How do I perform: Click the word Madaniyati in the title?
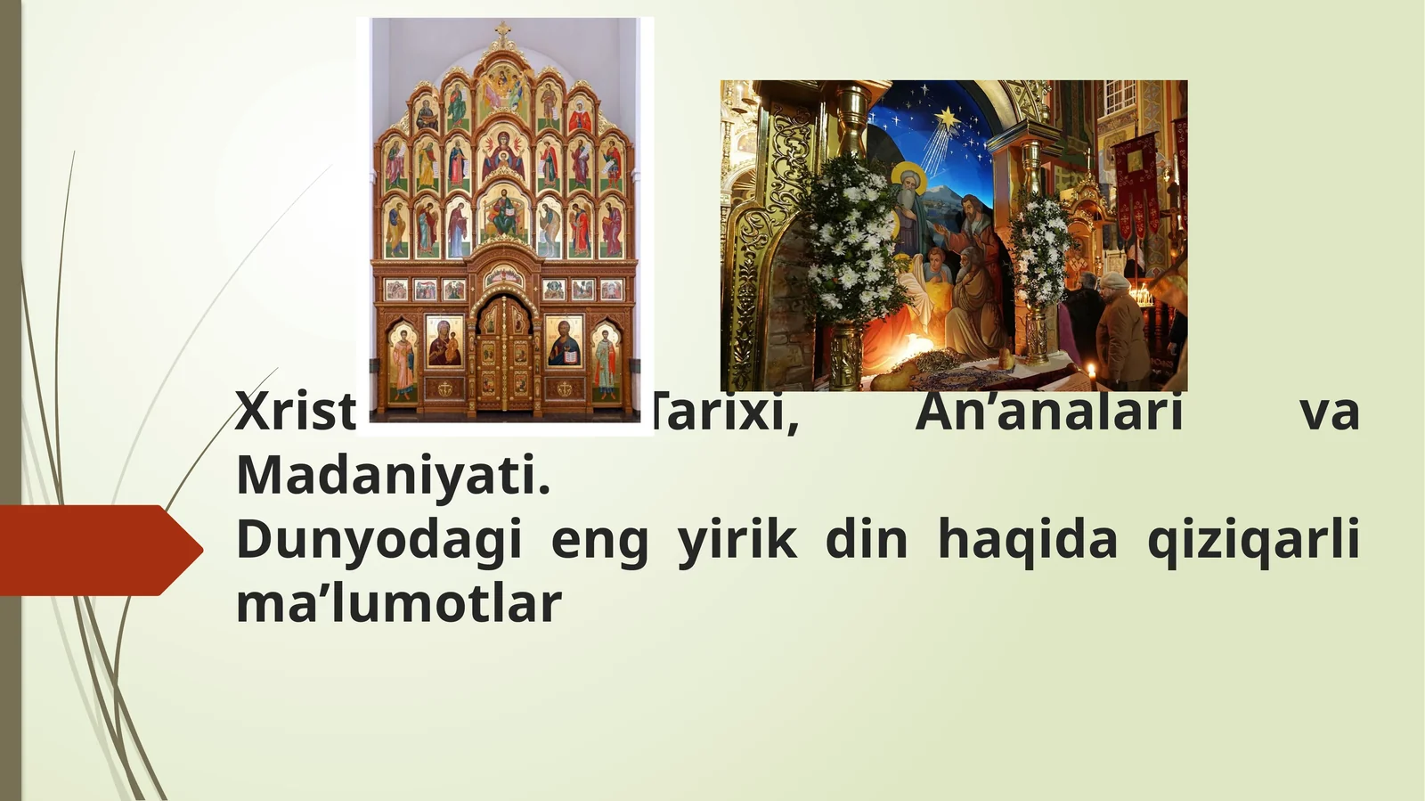(393, 475)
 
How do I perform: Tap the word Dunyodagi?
(379, 540)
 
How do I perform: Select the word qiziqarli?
(1253, 540)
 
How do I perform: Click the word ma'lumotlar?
(398, 603)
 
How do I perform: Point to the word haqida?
(1027, 540)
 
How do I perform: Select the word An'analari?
(1048, 413)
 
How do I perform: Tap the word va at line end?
(1329, 413)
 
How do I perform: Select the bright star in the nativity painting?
(947, 116)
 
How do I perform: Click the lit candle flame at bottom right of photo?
(1090, 369)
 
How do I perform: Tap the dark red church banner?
(1136, 183)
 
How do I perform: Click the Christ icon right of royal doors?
(564, 342)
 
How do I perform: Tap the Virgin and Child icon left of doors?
(444, 342)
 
